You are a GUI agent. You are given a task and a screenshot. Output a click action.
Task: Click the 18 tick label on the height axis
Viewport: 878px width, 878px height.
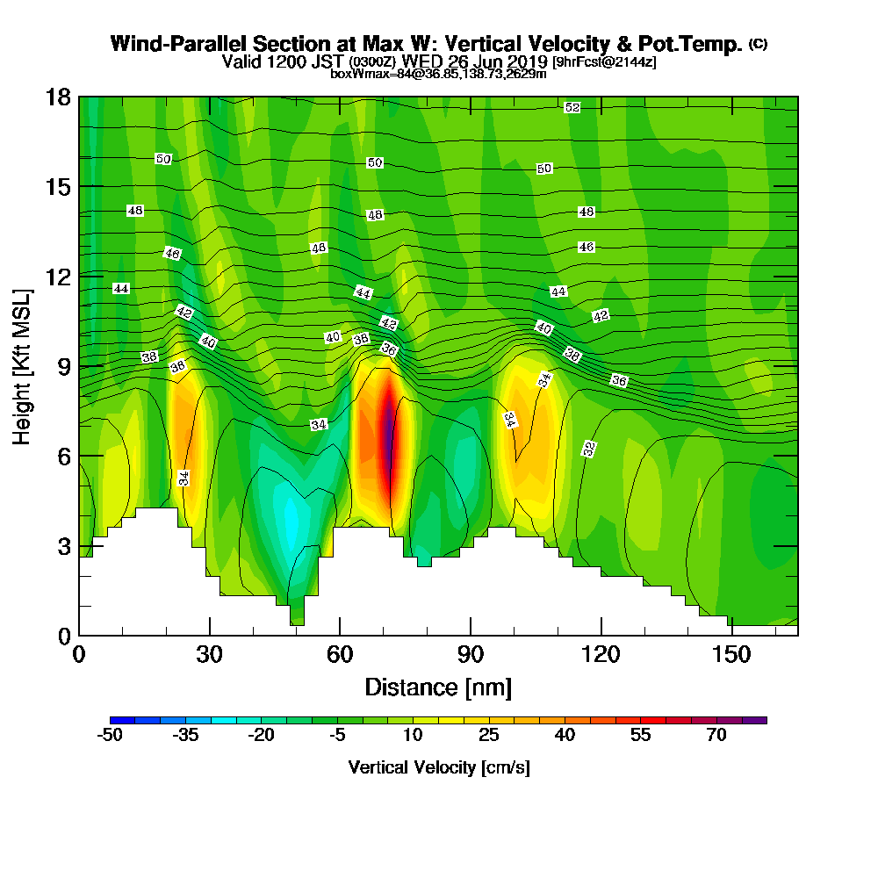(x=59, y=97)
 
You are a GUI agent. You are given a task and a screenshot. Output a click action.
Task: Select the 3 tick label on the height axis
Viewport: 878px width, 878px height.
(x=64, y=545)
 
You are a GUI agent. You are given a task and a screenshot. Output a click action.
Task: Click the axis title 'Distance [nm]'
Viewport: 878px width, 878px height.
(x=438, y=687)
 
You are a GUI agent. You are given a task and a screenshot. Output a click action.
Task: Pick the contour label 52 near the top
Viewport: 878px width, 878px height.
(x=572, y=107)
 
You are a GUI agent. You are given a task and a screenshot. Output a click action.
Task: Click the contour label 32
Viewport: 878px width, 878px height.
(x=590, y=449)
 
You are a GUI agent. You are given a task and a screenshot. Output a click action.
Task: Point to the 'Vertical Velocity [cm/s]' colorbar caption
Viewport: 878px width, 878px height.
(x=438, y=767)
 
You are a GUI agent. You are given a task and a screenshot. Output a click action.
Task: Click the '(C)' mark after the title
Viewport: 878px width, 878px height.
(x=758, y=44)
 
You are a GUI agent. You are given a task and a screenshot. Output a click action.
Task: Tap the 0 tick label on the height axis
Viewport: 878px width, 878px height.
(x=64, y=635)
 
